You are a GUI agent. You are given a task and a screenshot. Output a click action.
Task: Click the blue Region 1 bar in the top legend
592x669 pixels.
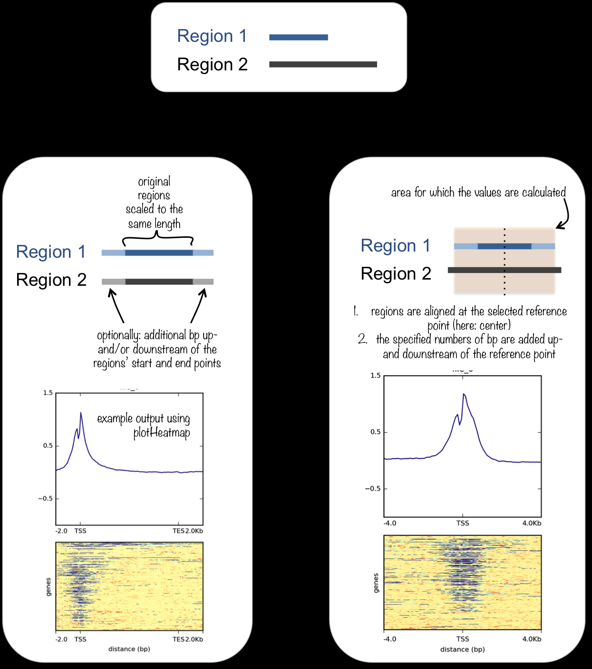click(298, 37)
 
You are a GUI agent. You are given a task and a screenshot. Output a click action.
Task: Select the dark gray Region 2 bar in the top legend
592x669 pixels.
click(323, 64)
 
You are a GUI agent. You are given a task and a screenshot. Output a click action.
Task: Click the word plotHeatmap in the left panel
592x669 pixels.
click(162, 433)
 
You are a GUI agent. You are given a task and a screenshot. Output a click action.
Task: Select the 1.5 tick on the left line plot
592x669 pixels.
click(48, 393)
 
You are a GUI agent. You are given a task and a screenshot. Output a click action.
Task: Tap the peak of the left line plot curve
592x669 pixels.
click(81, 413)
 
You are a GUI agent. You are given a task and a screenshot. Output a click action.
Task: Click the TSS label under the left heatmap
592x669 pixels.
click(80, 639)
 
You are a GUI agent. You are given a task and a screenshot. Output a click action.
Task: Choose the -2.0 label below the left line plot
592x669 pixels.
click(61, 531)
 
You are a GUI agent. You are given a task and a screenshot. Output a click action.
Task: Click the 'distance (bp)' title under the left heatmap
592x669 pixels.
click(129, 649)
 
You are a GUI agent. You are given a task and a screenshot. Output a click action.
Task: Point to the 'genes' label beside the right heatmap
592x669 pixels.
click(376, 583)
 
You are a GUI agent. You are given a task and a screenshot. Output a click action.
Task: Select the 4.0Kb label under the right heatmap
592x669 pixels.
click(532, 639)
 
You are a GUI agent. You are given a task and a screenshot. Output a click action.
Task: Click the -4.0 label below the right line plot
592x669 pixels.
click(389, 523)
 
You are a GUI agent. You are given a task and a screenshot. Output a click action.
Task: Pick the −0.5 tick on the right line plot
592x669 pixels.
click(373, 489)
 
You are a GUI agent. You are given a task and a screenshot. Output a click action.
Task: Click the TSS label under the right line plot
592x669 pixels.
click(463, 523)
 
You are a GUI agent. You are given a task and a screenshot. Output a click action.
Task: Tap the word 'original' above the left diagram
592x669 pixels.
click(154, 182)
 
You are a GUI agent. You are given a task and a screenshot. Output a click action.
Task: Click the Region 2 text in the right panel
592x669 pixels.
click(396, 274)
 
